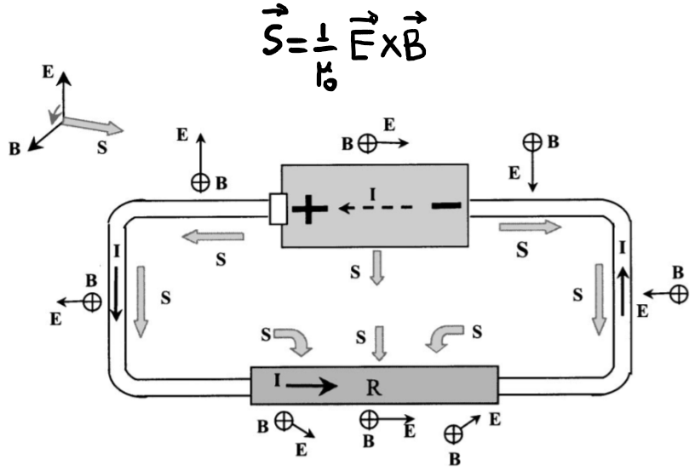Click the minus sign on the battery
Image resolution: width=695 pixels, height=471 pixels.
tap(445, 204)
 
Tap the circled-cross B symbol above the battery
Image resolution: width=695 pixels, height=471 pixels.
tap(365, 144)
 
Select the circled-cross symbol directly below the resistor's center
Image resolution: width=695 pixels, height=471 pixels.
tap(368, 418)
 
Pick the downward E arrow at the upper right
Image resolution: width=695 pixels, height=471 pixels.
tap(531, 173)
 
